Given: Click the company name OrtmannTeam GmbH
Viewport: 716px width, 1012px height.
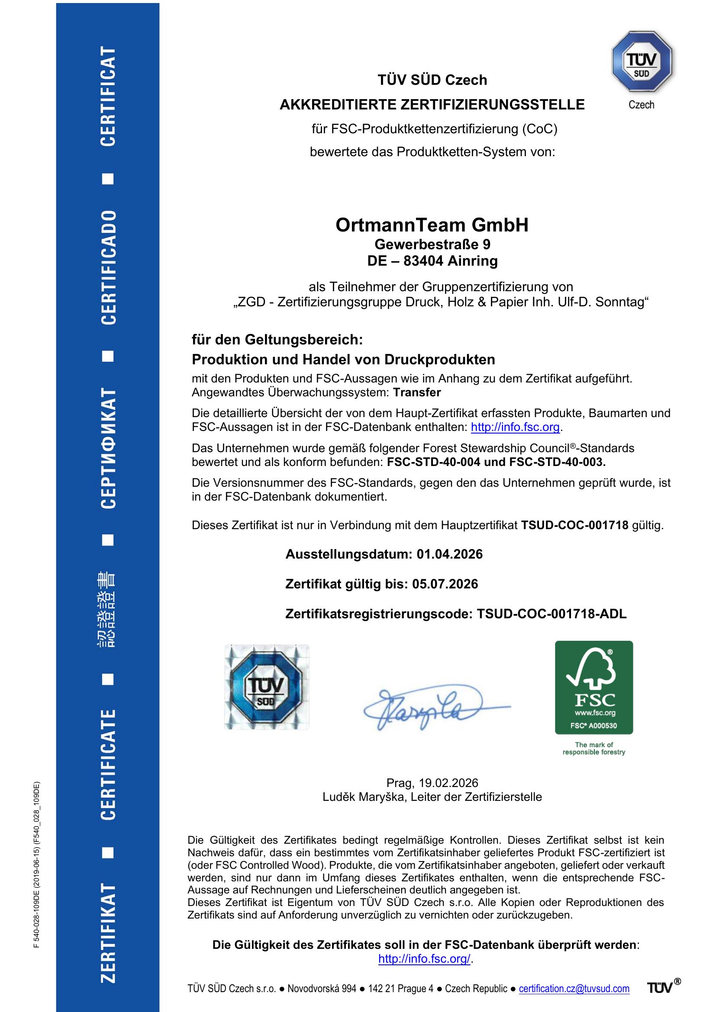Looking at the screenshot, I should (432, 225).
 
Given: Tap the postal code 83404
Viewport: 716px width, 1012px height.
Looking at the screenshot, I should (423, 261).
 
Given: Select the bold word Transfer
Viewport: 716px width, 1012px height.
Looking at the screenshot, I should (416, 392).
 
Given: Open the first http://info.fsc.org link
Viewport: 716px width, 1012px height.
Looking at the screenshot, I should (515, 427).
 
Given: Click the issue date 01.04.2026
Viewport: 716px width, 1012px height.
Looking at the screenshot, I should (449, 554).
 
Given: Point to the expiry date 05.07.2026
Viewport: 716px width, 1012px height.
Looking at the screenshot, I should (445, 584).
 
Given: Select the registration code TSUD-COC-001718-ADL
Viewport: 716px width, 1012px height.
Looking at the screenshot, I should (552, 614).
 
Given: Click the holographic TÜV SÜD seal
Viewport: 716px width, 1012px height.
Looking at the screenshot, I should (267, 687).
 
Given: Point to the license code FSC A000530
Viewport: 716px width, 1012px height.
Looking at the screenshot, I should (593, 726).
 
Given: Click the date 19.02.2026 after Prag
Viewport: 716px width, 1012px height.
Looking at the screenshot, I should (448, 783).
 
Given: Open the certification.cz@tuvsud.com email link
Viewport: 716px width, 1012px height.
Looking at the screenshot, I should (574, 989).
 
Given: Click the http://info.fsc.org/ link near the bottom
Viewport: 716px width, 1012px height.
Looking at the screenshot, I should (425, 959).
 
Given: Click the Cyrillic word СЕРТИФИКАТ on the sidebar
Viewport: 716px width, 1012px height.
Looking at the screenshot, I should (109, 449).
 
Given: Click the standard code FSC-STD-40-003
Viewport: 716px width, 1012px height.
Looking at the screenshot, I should (557, 462).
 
